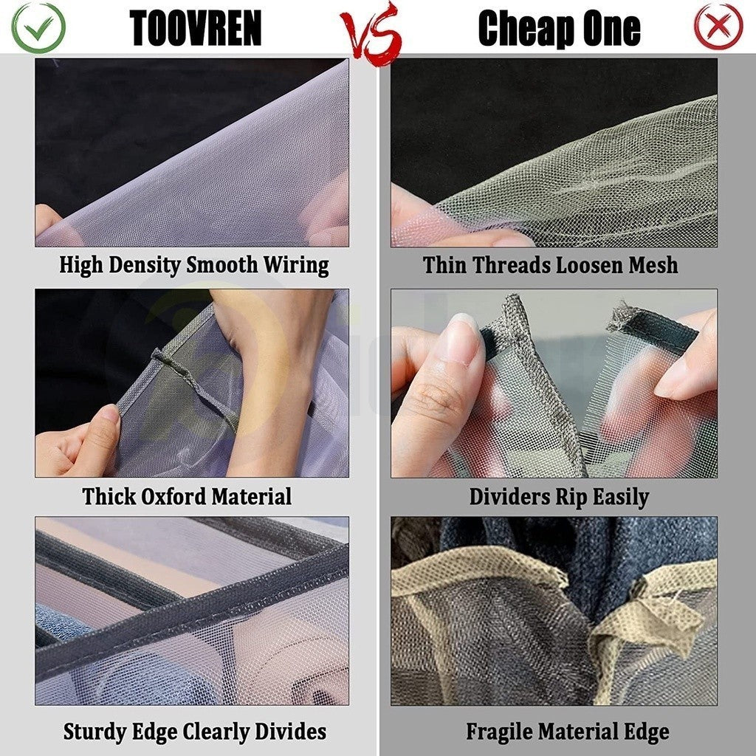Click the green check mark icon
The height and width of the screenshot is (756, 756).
pos(38,27)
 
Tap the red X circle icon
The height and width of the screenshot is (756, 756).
pos(718,26)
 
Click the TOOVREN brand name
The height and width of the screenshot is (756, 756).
pos(196,28)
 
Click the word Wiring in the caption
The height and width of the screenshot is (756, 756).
pos(296,265)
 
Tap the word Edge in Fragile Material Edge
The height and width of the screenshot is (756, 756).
pos(647,732)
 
